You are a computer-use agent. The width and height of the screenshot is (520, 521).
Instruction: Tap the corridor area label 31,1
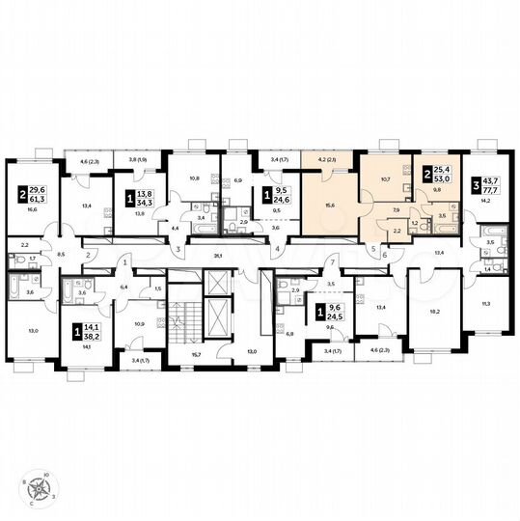click(x=218, y=256)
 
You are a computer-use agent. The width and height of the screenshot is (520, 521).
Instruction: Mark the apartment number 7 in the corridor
click(x=331, y=262)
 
